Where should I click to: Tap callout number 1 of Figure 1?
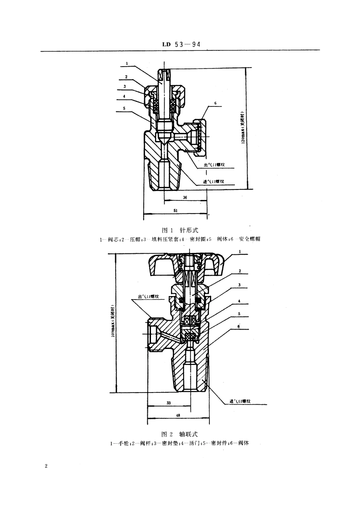[x=127, y=63]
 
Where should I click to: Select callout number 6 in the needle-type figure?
[x=215, y=103]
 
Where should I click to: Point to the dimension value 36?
[x=185, y=198]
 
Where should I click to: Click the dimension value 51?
[x=175, y=210]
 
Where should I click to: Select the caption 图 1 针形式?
[x=180, y=230]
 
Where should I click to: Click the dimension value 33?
[x=169, y=402]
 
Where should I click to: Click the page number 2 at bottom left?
[x=46, y=466]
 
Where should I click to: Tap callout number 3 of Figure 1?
[x=124, y=86]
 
